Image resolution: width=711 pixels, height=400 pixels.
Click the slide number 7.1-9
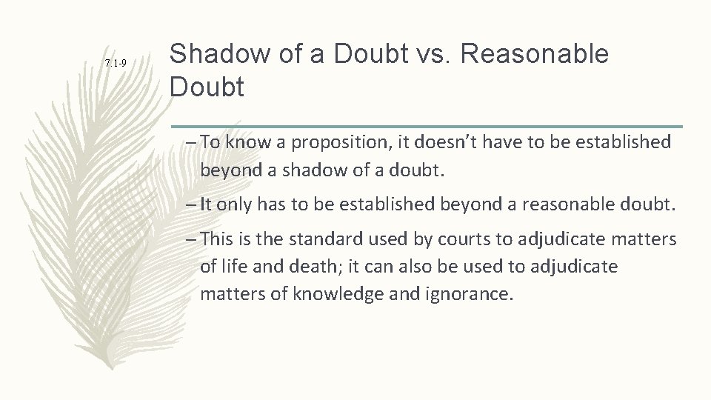pyautogui.click(x=116, y=64)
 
